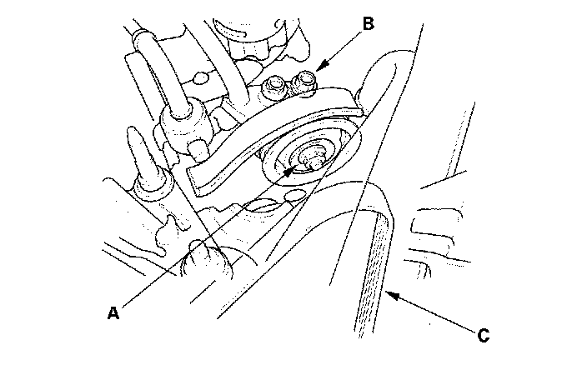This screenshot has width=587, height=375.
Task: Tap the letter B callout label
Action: (x=367, y=22)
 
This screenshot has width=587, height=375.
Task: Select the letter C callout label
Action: (x=481, y=337)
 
